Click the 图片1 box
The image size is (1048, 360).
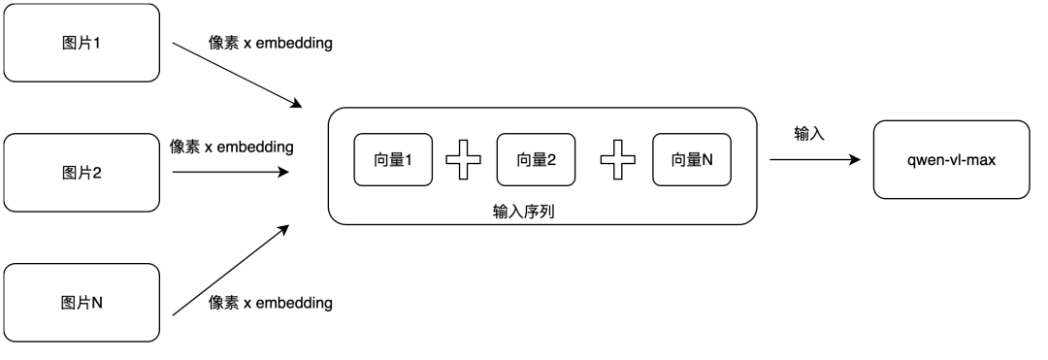[82, 43]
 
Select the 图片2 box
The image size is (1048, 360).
[82, 174]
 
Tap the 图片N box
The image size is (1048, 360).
[82, 303]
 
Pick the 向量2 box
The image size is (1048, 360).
[536, 159]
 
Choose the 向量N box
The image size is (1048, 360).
[689, 159]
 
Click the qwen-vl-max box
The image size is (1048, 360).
[950, 159]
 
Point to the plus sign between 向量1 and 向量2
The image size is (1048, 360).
[464, 159]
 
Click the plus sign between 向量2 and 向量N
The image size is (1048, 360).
[617, 159]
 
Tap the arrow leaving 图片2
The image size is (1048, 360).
[230, 172]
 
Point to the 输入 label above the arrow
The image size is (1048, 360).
[808, 134]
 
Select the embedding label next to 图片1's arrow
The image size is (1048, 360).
[271, 45]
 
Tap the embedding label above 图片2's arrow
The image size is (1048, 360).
[231, 147]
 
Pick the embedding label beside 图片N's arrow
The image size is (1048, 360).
[271, 303]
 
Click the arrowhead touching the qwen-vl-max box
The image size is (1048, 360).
[855, 159]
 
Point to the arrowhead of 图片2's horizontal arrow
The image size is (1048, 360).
[283, 172]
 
